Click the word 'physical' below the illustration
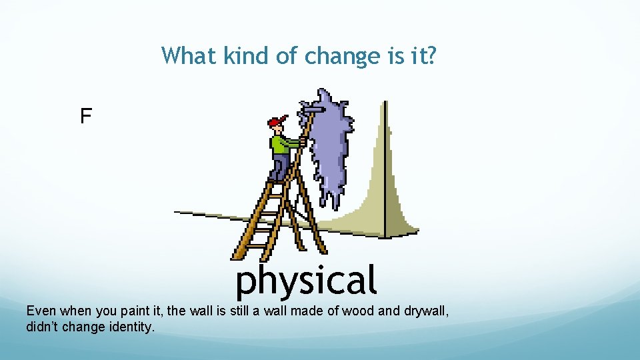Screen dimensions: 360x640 point(306,281)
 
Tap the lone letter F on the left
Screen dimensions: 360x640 point(85,117)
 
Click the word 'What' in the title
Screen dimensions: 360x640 point(189,55)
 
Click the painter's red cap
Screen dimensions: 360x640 point(275,122)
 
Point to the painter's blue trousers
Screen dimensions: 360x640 point(279,167)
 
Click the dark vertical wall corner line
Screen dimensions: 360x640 point(385,167)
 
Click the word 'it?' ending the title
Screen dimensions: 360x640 point(423,55)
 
